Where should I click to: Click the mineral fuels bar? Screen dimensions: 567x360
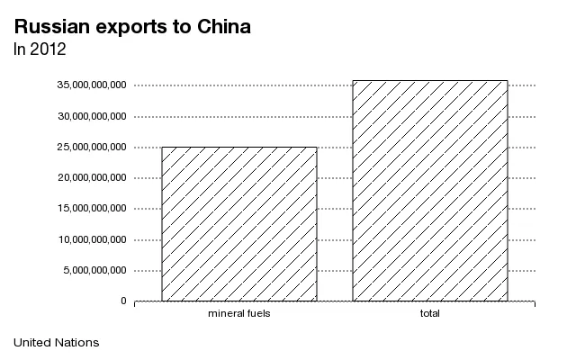239,224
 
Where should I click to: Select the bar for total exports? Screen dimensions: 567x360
430,191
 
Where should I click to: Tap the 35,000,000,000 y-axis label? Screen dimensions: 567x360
92,85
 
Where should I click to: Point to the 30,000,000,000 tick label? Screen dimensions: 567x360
92,116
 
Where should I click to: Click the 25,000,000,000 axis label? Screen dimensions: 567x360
92,147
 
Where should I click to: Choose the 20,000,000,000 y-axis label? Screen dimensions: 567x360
92,178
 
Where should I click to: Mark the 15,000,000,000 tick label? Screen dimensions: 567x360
92,209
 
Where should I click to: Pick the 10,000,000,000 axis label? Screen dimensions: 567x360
92,239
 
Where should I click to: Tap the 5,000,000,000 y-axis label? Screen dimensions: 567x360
94,270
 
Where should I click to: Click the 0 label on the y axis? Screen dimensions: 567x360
123,301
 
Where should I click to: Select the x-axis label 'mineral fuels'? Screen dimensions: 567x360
239,313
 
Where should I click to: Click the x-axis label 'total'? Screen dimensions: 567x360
430,313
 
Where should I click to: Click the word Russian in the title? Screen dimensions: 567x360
52,26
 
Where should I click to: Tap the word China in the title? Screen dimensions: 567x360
224,26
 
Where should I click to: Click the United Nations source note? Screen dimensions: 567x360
57,343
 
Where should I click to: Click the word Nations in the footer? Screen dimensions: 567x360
77,343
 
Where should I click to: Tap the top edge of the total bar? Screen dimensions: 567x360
430,81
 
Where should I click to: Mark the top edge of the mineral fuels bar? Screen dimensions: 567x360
239,147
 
